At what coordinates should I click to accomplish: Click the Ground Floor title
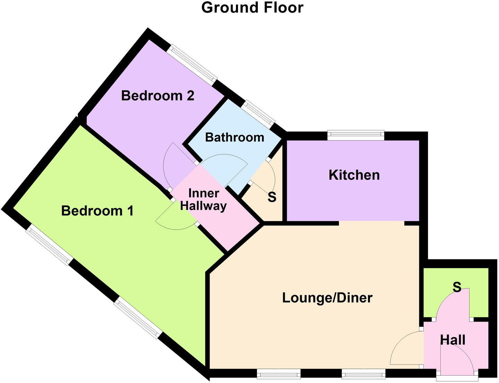click(x=252, y=8)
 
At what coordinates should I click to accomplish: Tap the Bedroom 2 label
click(x=157, y=95)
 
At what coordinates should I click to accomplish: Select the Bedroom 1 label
click(x=97, y=211)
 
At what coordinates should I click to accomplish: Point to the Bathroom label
click(x=235, y=137)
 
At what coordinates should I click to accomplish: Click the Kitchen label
click(x=354, y=175)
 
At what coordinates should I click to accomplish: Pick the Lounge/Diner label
click(x=327, y=298)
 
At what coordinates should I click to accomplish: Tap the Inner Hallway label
click(x=203, y=200)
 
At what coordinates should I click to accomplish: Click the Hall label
click(x=453, y=340)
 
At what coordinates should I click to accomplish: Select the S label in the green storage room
click(x=457, y=287)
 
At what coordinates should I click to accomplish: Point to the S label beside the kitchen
click(x=272, y=197)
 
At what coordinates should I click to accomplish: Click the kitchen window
click(x=356, y=135)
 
